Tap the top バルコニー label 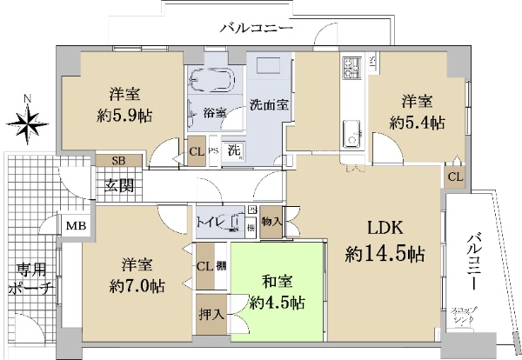[x=256, y=29]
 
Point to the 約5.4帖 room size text [x=417, y=122]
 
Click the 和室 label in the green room [x=278, y=282]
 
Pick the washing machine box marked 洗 [x=234, y=149]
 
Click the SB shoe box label [x=117, y=162]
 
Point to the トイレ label [x=212, y=221]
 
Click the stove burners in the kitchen [x=353, y=67]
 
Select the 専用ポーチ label [x=29, y=277]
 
